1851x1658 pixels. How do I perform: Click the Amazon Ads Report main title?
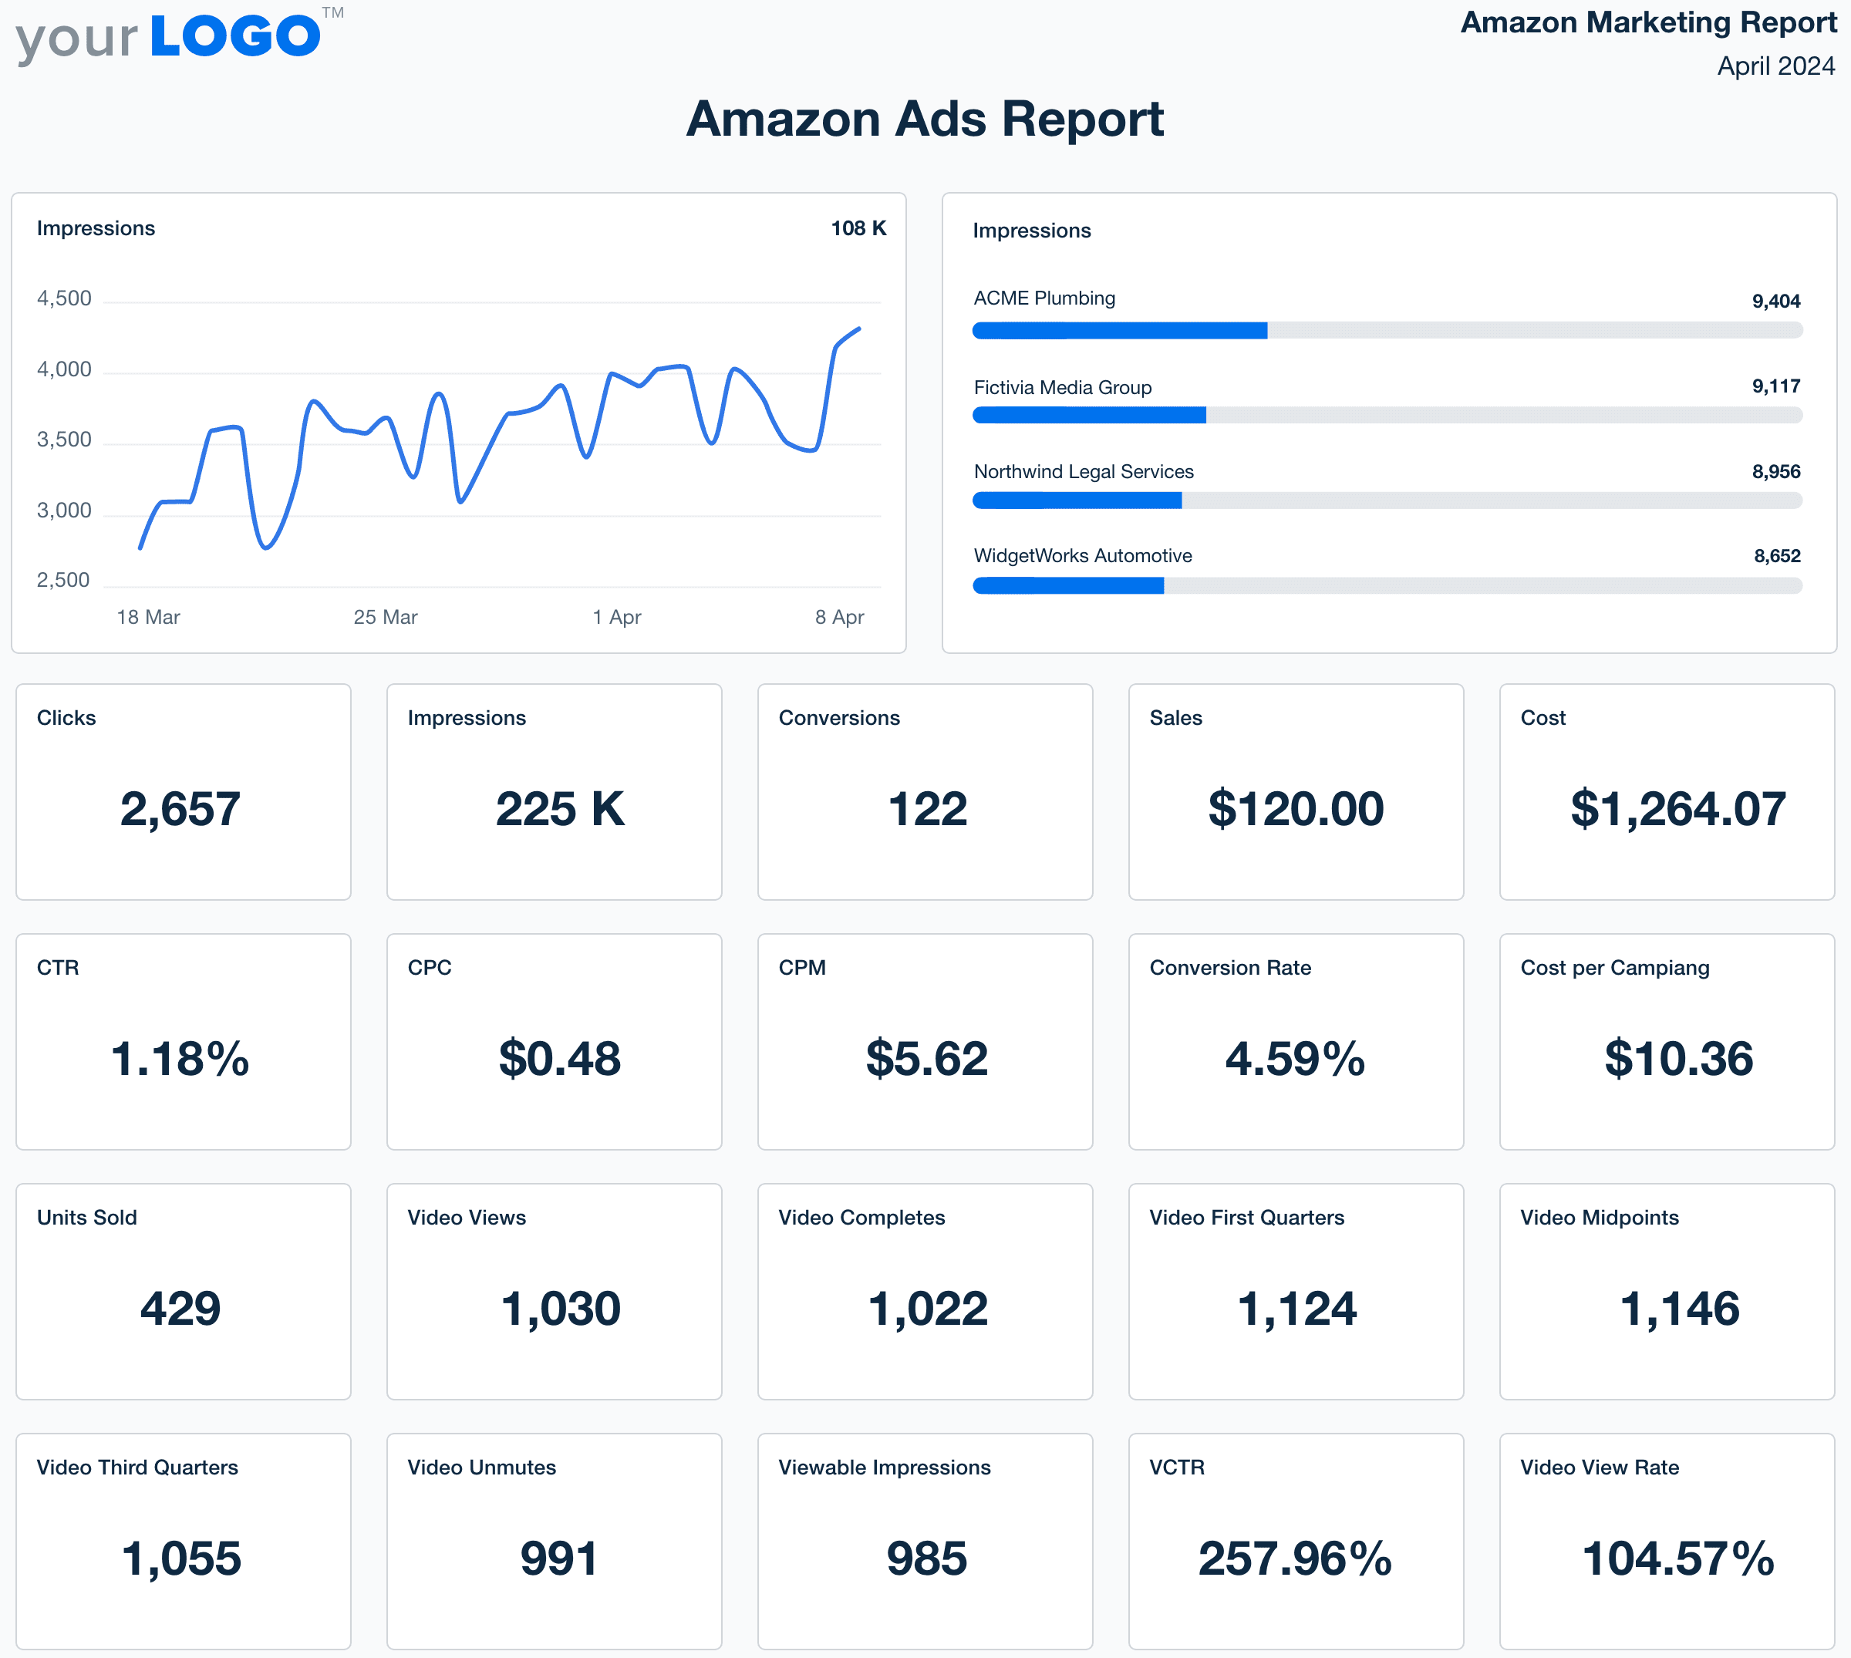(x=925, y=120)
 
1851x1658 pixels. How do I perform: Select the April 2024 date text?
(x=1775, y=66)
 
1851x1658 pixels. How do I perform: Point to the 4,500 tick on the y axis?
(x=64, y=298)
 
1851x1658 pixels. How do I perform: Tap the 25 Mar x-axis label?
(x=386, y=618)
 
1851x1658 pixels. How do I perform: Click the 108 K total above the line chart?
(x=858, y=229)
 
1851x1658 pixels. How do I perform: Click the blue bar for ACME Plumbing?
(x=1120, y=331)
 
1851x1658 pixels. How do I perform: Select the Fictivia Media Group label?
(x=1062, y=388)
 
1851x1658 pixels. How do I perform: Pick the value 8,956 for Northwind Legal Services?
(x=1775, y=472)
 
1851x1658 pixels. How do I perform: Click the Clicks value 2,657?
(x=180, y=809)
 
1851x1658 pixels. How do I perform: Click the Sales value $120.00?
(x=1296, y=809)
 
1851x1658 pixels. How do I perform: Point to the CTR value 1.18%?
(x=180, y=1059)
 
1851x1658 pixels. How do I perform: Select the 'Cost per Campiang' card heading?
(x=1614, y=969)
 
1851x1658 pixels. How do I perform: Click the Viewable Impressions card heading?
(x=884, y=1468)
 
